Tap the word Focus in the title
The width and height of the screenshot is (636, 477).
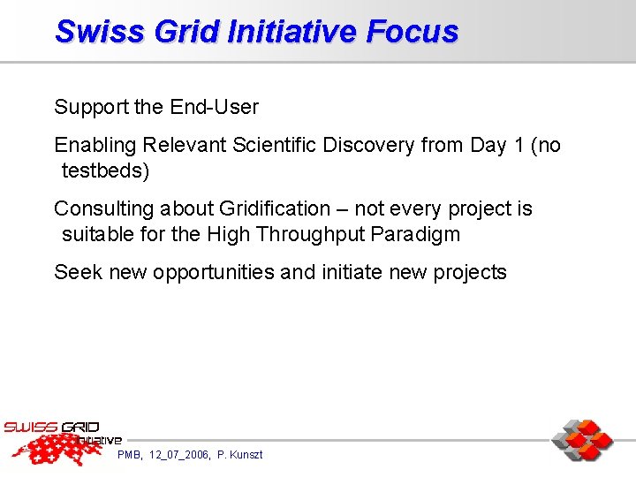(x=412, y=32)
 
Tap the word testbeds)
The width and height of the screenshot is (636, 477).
(x=105, y=170)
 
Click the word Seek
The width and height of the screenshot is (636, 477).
(x=78, y=272)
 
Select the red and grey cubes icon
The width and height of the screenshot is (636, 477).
(x=582, y=440)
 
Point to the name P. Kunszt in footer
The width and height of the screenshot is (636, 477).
(x=239, y=455)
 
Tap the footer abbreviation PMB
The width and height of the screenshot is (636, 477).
(x=130, y=455)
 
